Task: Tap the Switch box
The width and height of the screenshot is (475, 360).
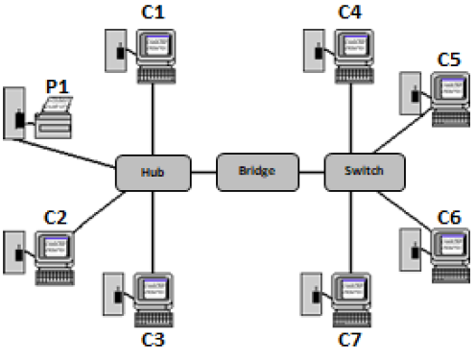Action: click(362, 171)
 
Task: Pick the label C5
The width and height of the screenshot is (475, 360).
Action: click(448, 60)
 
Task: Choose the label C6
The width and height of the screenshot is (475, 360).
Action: click(448, 218)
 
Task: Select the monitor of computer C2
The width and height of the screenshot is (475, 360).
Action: click(54, 248)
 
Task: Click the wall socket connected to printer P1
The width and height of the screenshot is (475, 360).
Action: click(14, 113)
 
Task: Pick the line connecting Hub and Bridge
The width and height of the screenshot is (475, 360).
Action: click(202, 173)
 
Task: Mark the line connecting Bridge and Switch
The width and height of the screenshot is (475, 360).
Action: click(310, 173)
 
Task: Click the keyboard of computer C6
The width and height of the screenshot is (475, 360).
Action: click(448, 273)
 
